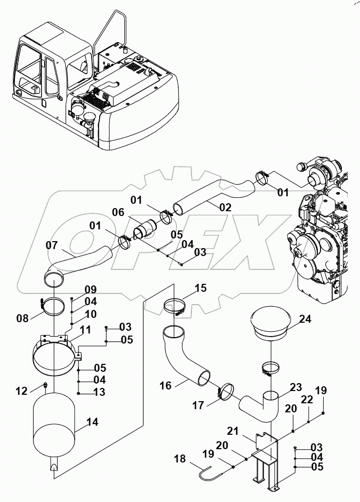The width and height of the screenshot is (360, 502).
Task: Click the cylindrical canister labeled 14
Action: pos(55,424)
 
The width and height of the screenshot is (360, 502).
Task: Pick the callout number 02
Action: pos(225,208)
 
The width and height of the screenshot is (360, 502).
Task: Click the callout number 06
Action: pos(118,212)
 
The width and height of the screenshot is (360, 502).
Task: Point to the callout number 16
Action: pos(166,385)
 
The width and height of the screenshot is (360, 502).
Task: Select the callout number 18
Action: pos(180,458)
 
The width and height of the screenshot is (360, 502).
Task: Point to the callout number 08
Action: pos(22,318)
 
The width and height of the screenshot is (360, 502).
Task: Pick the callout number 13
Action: pos(100,393)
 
